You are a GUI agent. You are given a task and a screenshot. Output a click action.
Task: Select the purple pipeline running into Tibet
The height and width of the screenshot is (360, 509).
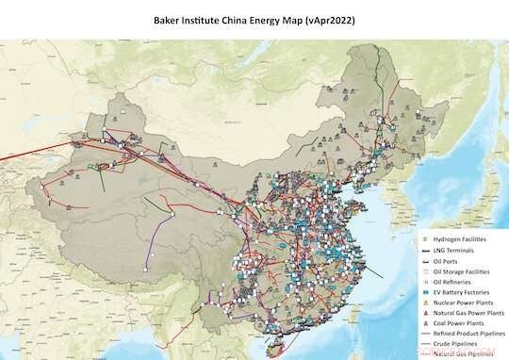click(x=156, y=247)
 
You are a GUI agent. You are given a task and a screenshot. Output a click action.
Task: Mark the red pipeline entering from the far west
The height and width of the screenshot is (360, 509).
click(x=38, y=155)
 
